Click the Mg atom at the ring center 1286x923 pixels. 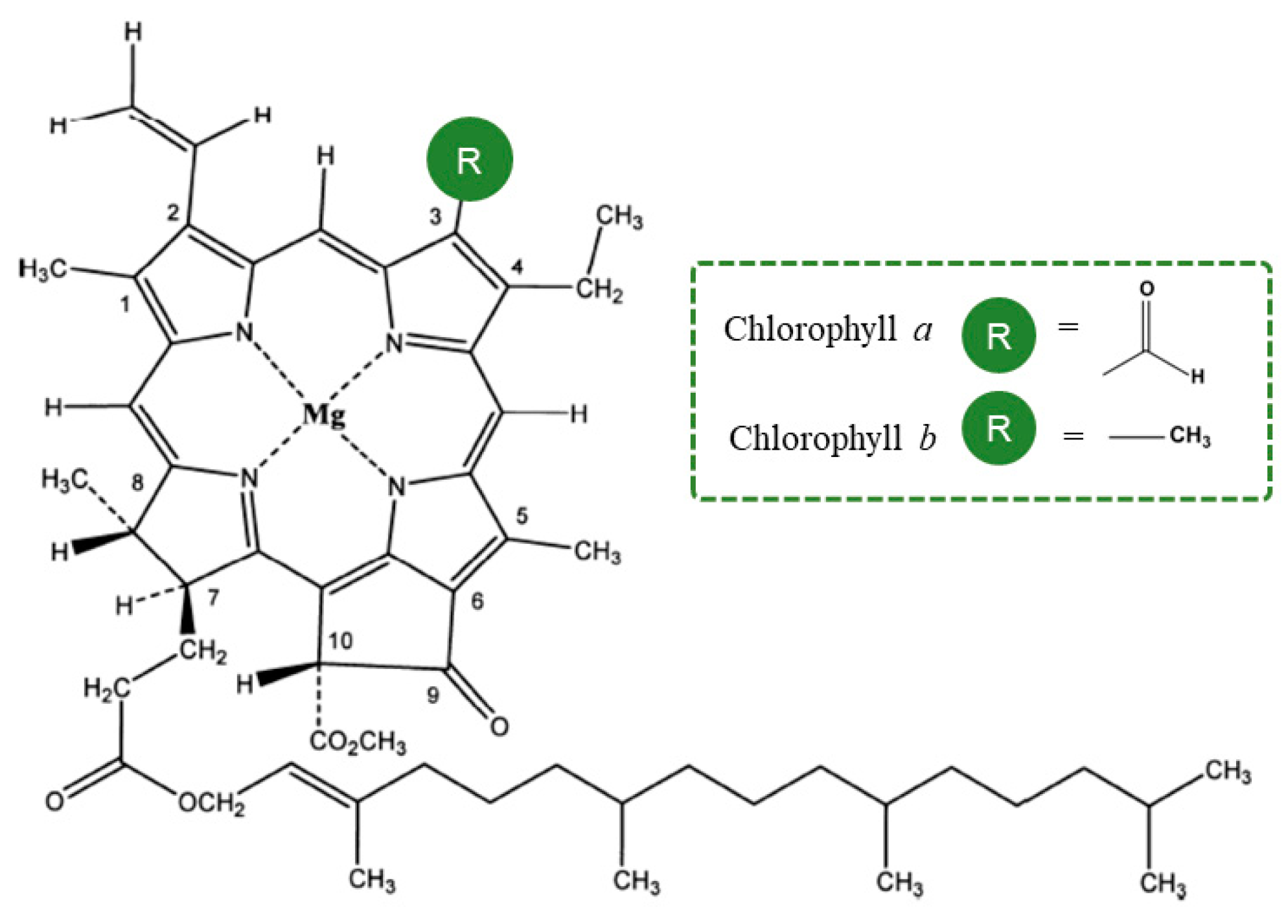(x=324, y=414)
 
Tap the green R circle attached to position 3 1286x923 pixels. (x=469, y=159)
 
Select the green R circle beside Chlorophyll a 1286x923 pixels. (x=998, y=335)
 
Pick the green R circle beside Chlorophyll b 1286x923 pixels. (x=998, y=428)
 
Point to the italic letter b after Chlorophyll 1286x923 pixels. (x=927, y=438)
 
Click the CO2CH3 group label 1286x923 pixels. (x=358, y=742)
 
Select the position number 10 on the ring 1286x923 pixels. (x=340, y=641)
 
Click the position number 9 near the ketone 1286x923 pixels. (x=433, y=695)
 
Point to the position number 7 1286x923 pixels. (x=213, y=598)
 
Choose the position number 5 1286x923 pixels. (x=522, y=516)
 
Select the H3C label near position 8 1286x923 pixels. (x=64, y=480)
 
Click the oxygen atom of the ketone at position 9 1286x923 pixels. (x=499, y=727)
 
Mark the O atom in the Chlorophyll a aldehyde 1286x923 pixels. (x=1147, y=289)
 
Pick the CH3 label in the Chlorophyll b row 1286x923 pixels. (x=1189, y=436)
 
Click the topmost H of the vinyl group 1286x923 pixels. (x=133, y=32)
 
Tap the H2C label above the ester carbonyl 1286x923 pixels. (x=106, y=688)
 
